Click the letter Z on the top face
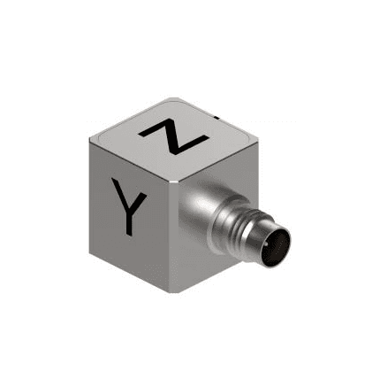coord(174,136)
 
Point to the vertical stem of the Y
coord(128,221)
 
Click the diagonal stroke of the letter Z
coord(174,136)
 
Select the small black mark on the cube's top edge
coord(217,118)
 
